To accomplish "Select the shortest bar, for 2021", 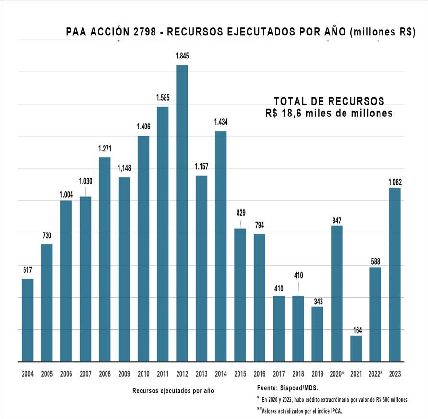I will (356, 349).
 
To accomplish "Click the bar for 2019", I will (317, 334).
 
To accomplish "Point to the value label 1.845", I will (182, 56).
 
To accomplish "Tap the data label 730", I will (47, 235).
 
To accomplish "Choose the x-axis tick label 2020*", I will (337, 373).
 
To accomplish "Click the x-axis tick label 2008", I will (105, 373).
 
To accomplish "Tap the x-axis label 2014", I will (221, 373).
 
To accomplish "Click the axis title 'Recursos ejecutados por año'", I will (173, 391).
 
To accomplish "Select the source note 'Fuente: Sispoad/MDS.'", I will (287, 387).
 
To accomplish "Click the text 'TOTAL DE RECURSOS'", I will (329, 102).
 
